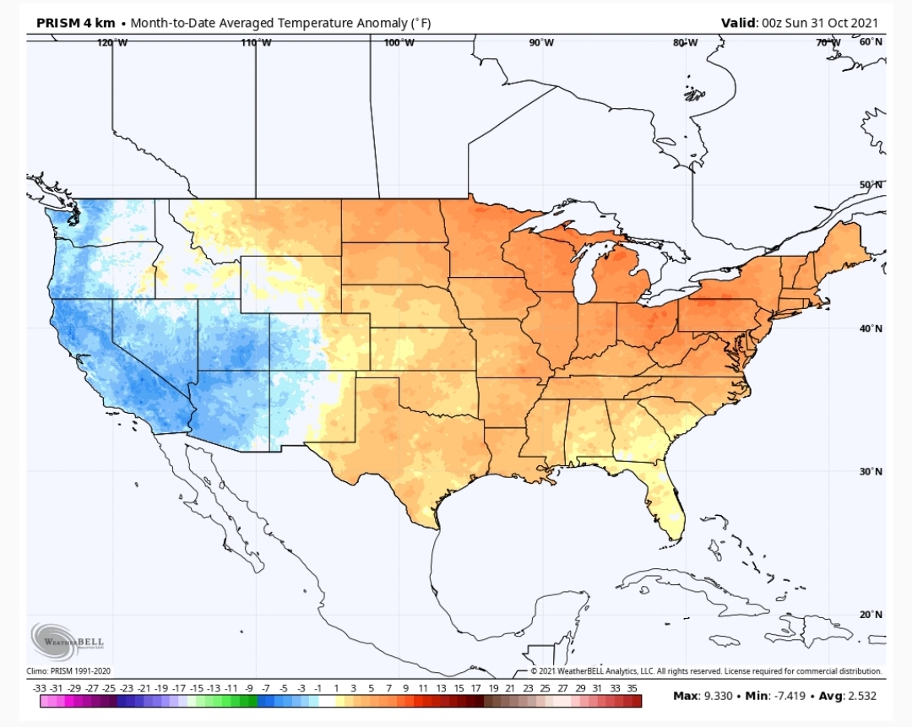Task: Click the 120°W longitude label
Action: [112, 42]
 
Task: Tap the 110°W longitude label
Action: [256, 42]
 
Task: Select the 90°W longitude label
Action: [541, 42]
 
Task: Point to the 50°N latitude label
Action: [871, 185]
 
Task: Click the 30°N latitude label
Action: [871, 472]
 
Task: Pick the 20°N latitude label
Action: [871, 615]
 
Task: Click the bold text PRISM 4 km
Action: [76, 24]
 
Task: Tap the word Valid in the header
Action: [739, 24]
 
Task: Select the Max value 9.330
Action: [719, 696]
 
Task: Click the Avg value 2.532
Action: [862, 696]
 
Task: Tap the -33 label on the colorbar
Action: [40, 688]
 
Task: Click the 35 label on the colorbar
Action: [632, 688]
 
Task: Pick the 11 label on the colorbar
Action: [423, 688]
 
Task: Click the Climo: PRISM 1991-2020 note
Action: [68, 671]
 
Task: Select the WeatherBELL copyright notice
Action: [707, 671]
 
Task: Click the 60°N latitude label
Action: [871, 42]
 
